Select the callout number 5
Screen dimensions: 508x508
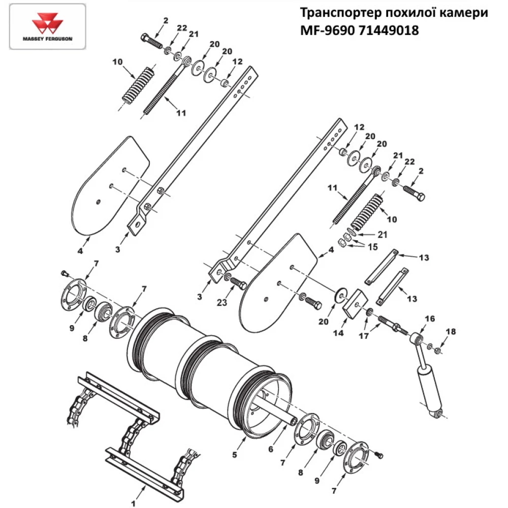tap(235, 455)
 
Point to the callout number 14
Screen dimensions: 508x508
tap(337, 333)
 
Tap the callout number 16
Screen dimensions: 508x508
tap(430, 319)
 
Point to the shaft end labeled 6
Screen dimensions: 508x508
tap(294, 421)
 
